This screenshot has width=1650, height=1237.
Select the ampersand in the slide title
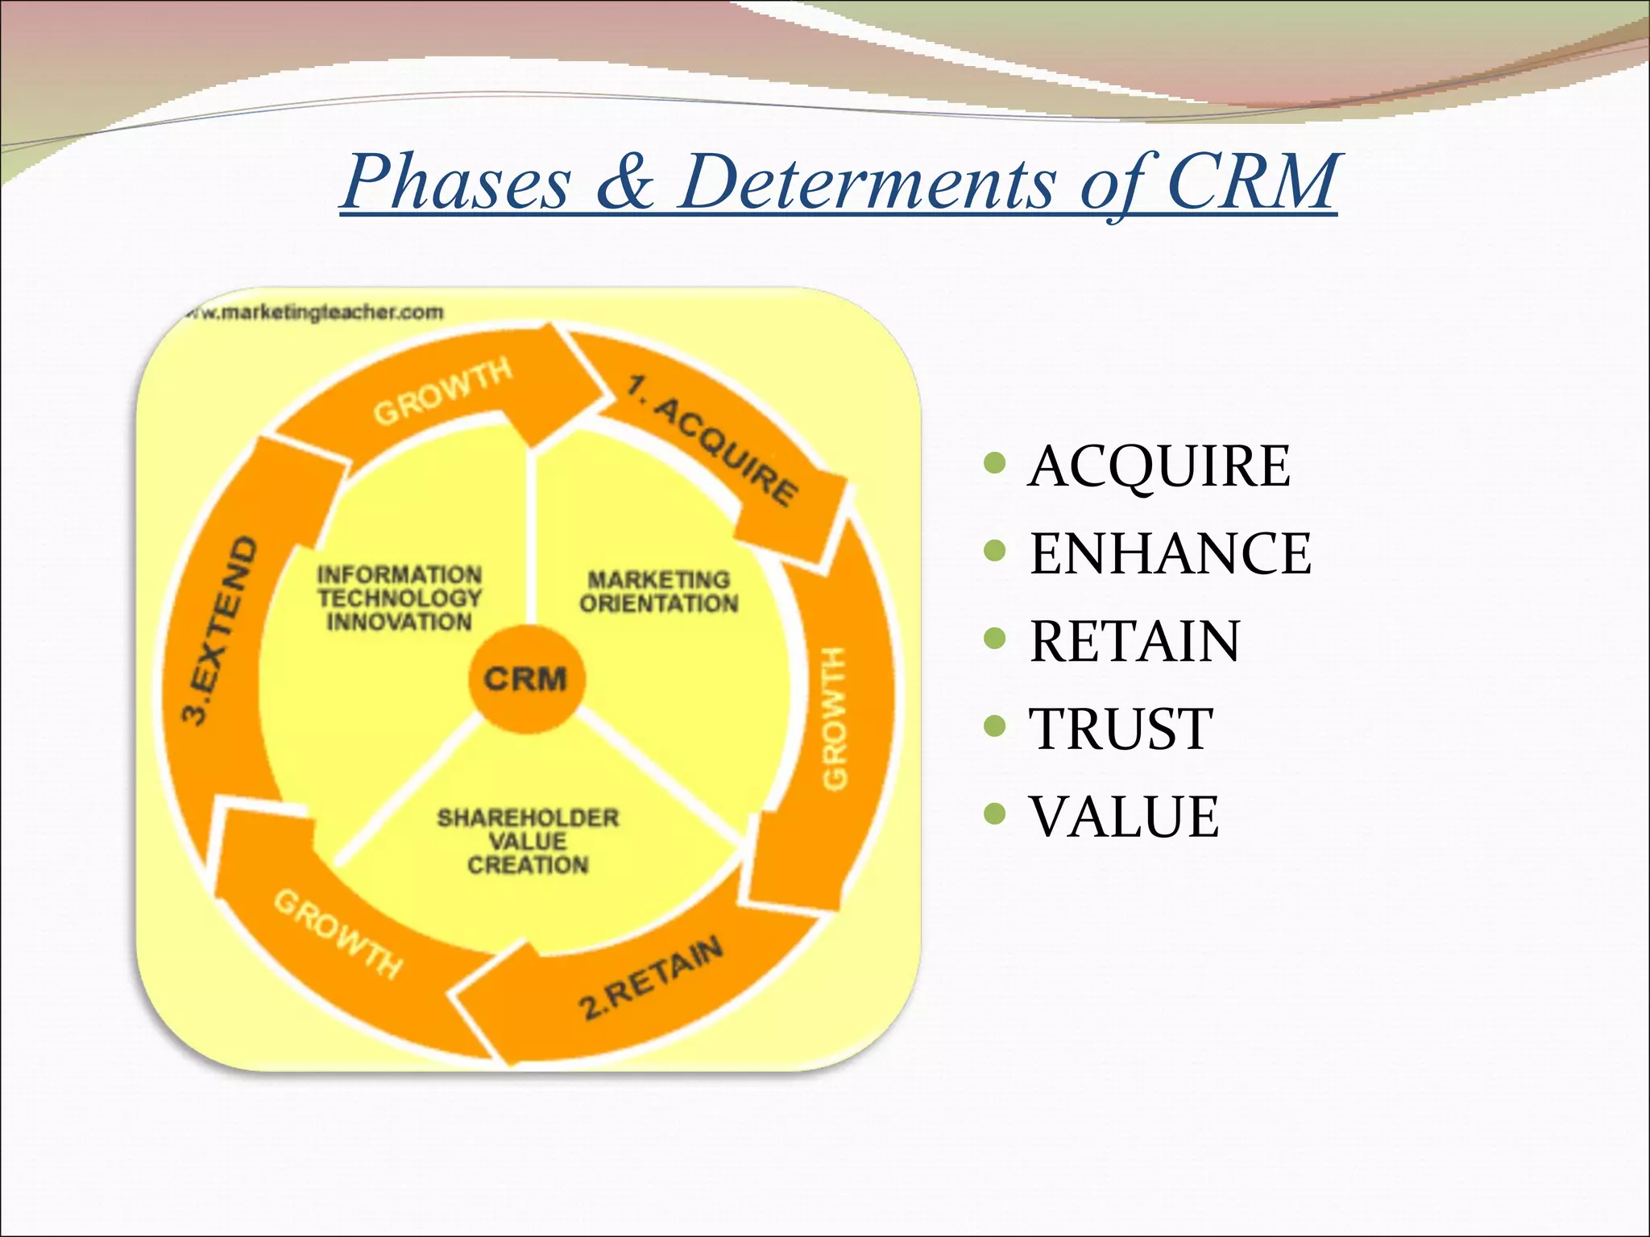coord(624,182)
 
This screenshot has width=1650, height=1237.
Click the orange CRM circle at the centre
coord(526,678)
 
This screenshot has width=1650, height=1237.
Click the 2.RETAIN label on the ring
coord(651,978)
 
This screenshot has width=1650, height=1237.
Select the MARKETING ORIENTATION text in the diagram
coord(658,591)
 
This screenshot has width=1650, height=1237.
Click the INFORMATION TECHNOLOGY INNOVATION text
coord(399,598)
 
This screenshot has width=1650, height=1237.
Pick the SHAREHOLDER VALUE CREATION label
coord(528,841)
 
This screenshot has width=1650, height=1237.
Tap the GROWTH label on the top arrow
coord(442,391)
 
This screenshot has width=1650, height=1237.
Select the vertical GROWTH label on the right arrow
coord(835,717)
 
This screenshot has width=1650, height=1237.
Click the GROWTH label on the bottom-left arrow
coord(338,934)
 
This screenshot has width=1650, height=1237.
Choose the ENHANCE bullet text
coord(1170,553)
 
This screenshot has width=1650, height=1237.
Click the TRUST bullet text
coord(1121,729)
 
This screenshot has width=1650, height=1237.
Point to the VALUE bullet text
coord(1124,817)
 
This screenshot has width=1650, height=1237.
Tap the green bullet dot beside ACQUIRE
coord(995,463)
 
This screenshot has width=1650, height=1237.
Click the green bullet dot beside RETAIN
coord(995,639)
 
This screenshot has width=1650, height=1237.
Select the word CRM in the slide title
coord(1250,182)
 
